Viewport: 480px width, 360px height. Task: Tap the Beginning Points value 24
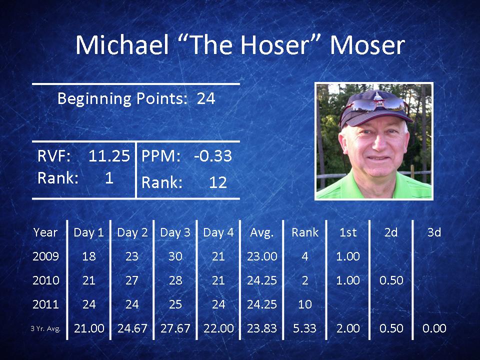206,98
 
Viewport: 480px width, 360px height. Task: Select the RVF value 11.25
109,156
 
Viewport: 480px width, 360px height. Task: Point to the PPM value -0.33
213,156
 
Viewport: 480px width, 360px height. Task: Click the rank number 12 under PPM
218,182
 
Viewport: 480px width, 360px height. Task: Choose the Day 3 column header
175,232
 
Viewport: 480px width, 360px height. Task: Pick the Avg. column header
261,232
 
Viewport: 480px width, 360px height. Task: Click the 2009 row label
45,256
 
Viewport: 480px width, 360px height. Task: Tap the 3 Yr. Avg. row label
45,329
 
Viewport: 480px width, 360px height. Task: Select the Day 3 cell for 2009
175,256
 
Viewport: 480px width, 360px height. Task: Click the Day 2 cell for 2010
132,280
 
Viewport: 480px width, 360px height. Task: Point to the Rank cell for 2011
305,304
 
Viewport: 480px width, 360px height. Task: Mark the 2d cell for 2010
391,280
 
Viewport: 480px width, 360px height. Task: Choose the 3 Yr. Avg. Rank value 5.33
304,328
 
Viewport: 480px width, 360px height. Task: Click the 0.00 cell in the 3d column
434,328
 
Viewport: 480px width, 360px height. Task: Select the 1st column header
348,232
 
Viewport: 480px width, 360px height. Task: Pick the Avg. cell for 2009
262,256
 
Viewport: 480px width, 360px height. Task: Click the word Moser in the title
367,45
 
